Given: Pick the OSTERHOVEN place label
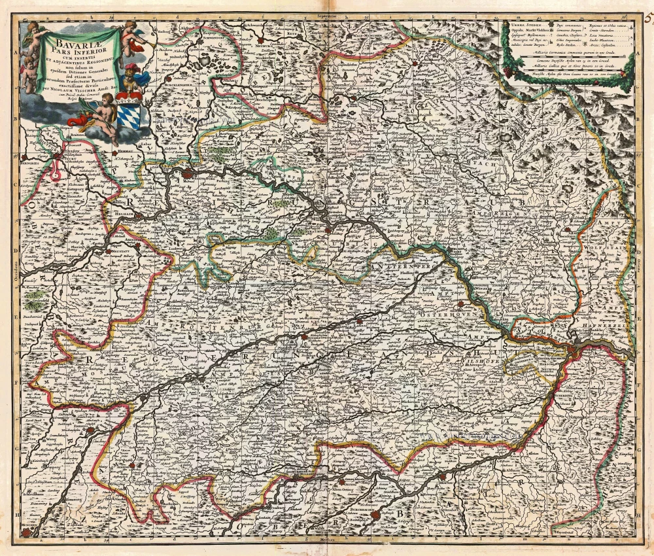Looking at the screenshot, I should tap(445, 315).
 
